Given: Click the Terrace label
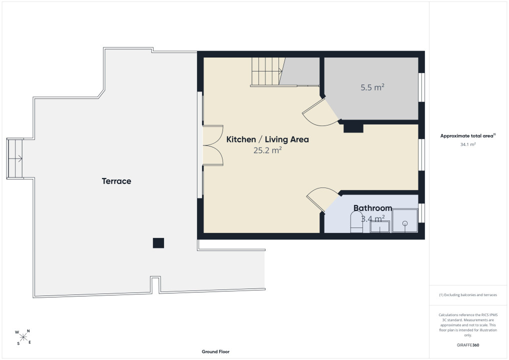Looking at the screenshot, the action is [116, 181].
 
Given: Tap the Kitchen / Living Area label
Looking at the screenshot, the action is [267, 139].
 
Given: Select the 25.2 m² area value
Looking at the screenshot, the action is [267, 150].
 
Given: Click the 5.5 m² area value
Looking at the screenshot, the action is [372, 87].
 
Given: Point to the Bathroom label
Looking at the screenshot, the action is [372, 208].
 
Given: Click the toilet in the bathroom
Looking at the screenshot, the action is [356, 222].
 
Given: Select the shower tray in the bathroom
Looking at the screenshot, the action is [405, 220].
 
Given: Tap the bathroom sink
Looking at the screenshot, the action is [380, 226].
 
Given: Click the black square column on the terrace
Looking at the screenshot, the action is [158, 243].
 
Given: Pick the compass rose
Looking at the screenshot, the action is [23, 337].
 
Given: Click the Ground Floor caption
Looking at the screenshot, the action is [215, 351].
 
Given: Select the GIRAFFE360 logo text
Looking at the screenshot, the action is [468, 345].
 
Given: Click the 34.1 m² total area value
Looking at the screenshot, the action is [468, 144].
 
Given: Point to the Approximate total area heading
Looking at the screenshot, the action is [468, 135].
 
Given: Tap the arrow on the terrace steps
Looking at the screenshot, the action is [15, 158].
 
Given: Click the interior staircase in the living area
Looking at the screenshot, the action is [268, 71].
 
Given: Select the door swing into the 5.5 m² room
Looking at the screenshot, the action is [319, 112].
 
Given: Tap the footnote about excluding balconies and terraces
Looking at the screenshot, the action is [468, 295].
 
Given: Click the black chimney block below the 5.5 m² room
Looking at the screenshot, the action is [353, 128].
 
